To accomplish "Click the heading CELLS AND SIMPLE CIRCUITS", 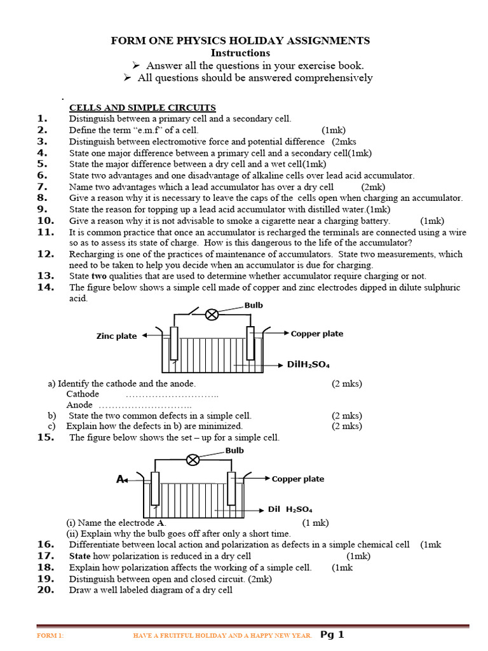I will (142, 107).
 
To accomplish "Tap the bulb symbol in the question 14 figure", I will (212, 314).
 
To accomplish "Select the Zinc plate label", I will (116, 336).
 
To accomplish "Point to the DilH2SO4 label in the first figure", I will (308, 364).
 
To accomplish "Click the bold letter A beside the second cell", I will (119, 479).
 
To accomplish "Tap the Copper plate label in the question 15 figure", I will (298, 479).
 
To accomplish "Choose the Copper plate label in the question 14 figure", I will (317, 333).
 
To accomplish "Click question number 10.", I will (45, 221).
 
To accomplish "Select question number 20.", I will (45, 589).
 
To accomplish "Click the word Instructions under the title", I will (240, 53).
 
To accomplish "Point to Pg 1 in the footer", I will (332, 634).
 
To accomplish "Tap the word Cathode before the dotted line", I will (83, 394).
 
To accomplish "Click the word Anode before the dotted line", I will (79, 405).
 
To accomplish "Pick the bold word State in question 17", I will (80, 556).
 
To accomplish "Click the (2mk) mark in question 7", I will (373, 187).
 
